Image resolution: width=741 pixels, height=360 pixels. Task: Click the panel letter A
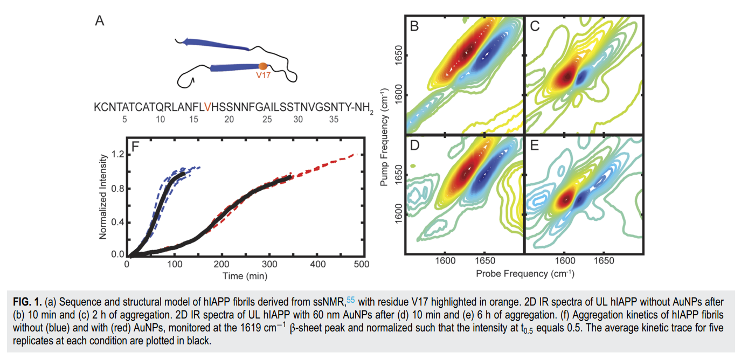tap(99, 21)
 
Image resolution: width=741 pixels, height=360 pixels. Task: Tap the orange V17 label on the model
tap(264, 75)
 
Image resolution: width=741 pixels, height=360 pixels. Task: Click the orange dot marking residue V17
tap(263, 66)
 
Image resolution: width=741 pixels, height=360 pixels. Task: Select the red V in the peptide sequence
tap(207, 108)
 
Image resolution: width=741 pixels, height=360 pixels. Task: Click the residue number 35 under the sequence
tap(334, 120)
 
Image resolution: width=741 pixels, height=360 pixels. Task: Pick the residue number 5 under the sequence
tap(124, 120)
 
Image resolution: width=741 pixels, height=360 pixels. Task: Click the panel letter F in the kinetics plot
tap(136, 147)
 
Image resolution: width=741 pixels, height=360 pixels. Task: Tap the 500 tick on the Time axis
tap(361, 264)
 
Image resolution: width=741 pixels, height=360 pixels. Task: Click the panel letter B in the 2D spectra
tap(415, 26)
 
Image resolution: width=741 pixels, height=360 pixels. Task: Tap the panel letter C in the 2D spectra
tap(535, 26)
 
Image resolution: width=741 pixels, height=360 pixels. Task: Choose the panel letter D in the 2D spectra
tap(415, 147)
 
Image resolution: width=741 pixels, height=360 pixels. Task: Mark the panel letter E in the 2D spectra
tap(535, 147)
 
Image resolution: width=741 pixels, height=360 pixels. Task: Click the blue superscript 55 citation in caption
tap(351, 297)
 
